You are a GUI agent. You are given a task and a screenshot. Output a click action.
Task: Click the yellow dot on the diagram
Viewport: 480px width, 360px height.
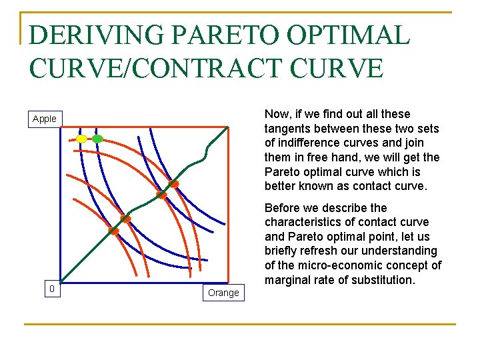pos(81,139)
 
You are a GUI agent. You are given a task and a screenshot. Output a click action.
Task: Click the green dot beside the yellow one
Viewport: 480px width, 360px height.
pos(97,139)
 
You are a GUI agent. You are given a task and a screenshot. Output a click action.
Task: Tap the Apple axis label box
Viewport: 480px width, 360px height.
pos(45,119)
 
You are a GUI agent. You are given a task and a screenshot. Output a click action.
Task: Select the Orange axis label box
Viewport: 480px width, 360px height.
pos(223,293)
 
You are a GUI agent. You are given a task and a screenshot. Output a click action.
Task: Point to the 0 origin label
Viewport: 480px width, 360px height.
pos(51,289)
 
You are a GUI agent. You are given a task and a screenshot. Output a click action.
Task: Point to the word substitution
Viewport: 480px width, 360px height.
pos(380,280)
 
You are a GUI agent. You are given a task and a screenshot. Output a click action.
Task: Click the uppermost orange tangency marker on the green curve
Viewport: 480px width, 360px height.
pos(173,183)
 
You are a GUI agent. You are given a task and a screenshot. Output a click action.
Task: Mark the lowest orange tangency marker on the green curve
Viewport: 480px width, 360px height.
pos(114,231)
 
